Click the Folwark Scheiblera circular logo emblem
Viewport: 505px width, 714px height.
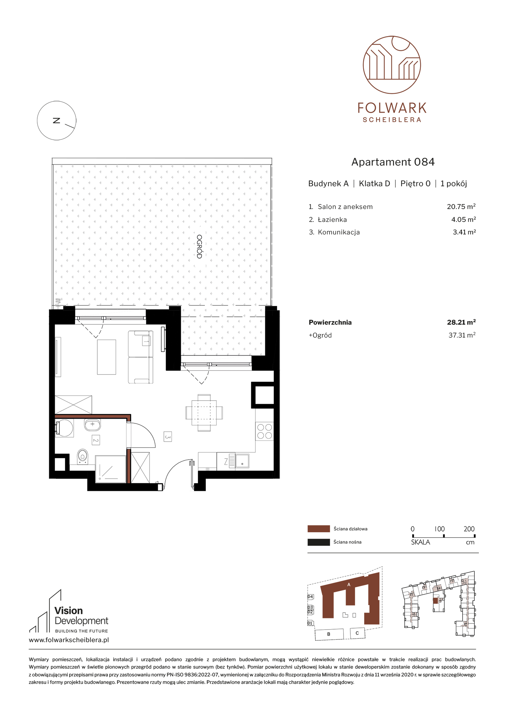tap(392, 65)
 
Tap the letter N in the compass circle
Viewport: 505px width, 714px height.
tap(57, 120)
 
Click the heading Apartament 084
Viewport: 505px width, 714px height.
tap(393, 162)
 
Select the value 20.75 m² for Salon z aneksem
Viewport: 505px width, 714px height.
tap(461, 207)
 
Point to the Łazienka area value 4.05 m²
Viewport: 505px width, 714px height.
tap(463, 219)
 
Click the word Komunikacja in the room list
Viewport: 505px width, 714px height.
tap(339, 232)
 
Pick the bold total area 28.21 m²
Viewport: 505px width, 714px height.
tap(461, 322)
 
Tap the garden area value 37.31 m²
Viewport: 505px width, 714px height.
tap(462, 335)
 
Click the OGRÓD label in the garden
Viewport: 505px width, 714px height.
tap(199, 247)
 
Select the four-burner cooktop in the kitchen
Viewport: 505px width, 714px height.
tap(265, 431)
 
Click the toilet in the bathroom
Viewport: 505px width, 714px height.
tap(82, 456)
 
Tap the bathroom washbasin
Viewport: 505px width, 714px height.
tap(92, 425)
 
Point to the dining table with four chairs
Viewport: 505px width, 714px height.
tap(204, 413)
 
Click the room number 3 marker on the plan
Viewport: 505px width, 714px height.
tap(168, 437)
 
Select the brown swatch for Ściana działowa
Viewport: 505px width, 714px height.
tap(318, 529)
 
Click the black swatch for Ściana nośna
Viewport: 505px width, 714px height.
tap(318, 542)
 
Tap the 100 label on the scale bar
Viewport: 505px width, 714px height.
tap(440, 529)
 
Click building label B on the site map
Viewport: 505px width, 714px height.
tap(329, 634)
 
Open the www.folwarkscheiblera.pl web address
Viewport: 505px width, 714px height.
tap(69, 640)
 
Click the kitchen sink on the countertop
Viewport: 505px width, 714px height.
tap(242, 461)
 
